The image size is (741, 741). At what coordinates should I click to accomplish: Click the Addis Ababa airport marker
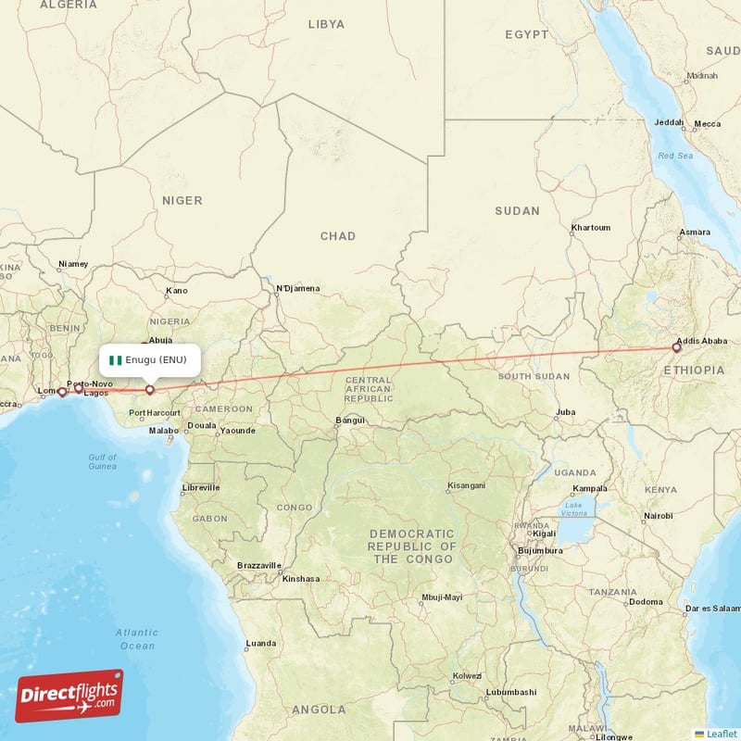[x=677, y=348]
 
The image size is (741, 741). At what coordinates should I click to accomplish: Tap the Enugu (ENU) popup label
[x=156, y=359]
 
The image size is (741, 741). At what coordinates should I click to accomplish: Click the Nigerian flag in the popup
[x=116, y=359]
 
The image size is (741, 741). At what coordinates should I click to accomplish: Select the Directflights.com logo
[x=69, y=696]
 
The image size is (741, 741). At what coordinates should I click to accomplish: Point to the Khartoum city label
[x=590, y=227]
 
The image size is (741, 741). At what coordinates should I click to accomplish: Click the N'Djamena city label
[x=298, y=288]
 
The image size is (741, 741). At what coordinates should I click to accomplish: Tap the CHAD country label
[x=337, y=236]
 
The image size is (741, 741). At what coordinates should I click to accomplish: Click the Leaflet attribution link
[x=721, y=733]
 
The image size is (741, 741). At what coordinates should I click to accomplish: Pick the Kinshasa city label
[x=301, y=579]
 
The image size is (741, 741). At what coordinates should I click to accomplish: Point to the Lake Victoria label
[x=573, y=509]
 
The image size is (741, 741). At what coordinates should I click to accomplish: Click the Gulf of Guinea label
[x=102, y=461]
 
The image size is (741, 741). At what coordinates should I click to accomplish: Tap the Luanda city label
[x=260, y=643]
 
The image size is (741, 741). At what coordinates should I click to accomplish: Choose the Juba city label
[x=564, y=412]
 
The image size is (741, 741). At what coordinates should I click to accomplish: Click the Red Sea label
[x=675, y=156]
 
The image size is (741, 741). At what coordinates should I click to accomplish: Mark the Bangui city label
[x=349, y=420]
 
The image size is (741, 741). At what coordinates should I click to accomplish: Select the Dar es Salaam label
[x=711, y=609]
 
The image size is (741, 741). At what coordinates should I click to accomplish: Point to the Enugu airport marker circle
[x=150, y=390]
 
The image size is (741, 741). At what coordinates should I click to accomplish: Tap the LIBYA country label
[x=325, y=24]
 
